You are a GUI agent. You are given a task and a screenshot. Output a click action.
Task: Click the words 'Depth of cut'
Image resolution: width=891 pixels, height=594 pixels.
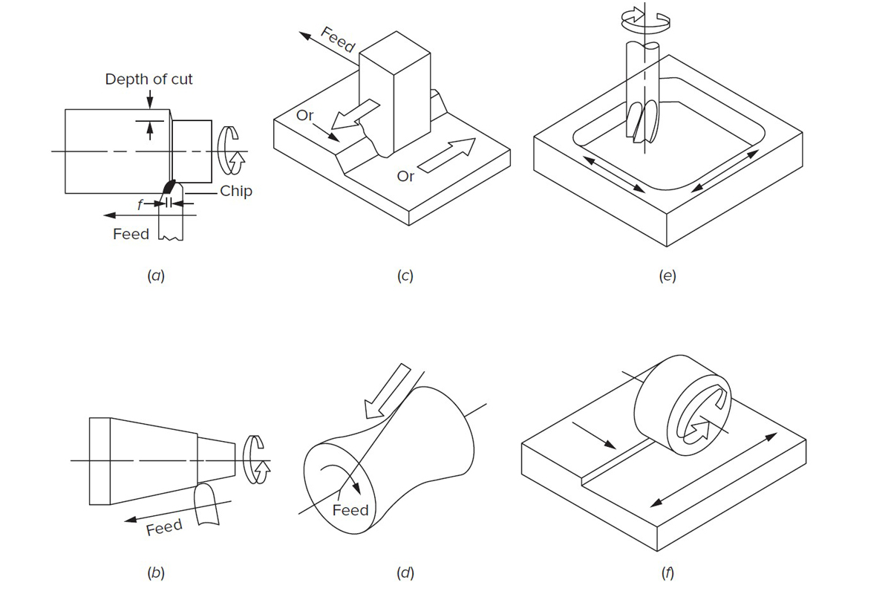(x=148, y=79)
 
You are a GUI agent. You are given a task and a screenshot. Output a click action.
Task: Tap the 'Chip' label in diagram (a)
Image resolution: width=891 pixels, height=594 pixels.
(x=236, y=192)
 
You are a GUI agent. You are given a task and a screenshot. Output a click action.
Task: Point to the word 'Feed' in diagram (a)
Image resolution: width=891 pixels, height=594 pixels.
(x=131, y=234)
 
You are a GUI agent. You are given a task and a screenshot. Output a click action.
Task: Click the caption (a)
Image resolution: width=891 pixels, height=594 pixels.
(x=156, y=276)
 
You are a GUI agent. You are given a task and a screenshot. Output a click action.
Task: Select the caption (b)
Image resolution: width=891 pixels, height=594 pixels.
(x=156, y=572)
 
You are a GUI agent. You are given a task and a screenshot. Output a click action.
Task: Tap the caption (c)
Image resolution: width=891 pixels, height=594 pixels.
(x=405, y=276)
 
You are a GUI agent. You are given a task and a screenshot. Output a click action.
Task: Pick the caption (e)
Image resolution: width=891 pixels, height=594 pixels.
(x=667, y=276)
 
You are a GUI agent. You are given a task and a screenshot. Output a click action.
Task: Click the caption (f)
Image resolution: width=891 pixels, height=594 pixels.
(x=667, y=572)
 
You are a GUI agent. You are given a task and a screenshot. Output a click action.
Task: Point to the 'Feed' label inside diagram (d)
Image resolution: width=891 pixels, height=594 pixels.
(x=350, y=510)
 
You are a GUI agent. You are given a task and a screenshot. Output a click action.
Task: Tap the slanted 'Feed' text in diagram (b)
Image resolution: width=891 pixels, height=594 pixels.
(x=164, y=528)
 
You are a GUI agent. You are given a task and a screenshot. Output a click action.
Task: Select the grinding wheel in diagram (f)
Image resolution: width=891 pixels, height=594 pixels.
(x=683, y=408)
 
